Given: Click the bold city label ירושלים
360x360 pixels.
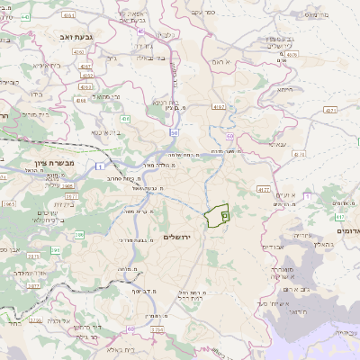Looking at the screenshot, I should tap(180, 236).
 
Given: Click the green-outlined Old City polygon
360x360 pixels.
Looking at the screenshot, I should tap(217, 217).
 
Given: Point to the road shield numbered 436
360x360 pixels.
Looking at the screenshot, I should tap(123, 118).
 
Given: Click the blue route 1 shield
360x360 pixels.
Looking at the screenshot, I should tap(104, 167).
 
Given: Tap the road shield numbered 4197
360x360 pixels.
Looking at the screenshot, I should tap(219, 107).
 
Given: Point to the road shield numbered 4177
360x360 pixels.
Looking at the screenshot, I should tap(263, 190).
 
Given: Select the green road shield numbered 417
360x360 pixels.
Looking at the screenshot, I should tap(338, 216).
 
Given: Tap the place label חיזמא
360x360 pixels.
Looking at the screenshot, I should tap(284, 89).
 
